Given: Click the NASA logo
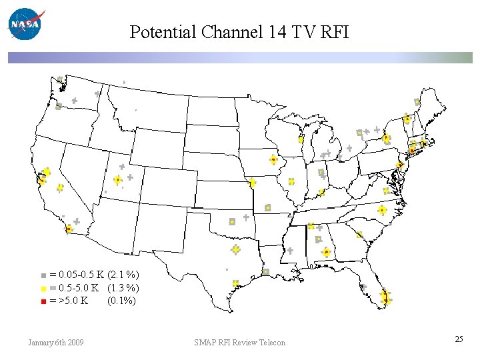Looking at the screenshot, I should pyautogui.click(x=25, y=25).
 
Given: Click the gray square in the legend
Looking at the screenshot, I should pyautogui.click(x=43, y=275).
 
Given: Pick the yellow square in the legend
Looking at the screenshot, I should pyautogui.click(x=43, y=289).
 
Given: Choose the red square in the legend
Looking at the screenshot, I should pyautogui.click(x=43, y=301).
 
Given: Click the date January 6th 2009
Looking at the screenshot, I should pyautogui.click(x=56, y=343).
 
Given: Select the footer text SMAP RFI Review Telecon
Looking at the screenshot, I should pyautogui.click(x=239, y=343).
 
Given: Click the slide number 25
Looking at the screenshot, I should pyautogui.click(x=459, y=339).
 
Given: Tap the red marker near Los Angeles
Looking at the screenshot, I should pyautogui.click(x=69, y=229).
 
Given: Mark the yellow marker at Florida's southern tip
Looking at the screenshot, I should pyautogui.click(x=387, y=300).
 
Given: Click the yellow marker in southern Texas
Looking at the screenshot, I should pyautogui.click(x=235, y=283).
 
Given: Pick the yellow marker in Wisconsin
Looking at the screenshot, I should pyautogui.click(x=301, y=140).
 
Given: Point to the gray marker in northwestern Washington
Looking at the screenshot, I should pyautogui.click(x=60, y=80).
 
